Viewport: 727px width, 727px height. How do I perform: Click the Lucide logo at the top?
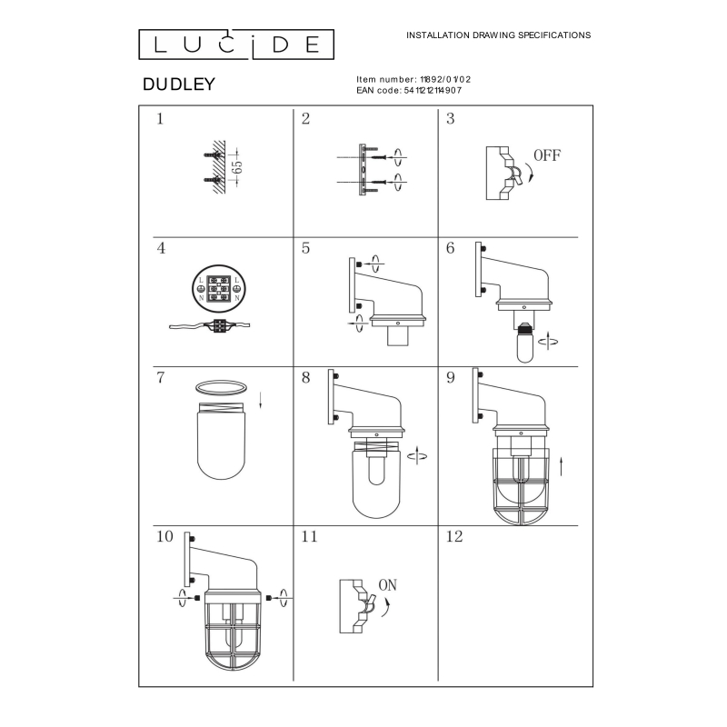tap(236, 45)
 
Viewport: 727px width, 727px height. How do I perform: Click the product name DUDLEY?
tap(179, 84)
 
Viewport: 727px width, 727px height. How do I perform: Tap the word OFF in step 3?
tap(547, 155)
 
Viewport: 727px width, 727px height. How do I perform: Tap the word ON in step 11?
tap(388, 585)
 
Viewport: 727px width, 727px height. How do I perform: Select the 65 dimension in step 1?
tap(238, 167)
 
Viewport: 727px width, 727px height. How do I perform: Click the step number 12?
tap(454, 536)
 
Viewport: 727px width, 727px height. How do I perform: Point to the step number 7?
tap(161, 377)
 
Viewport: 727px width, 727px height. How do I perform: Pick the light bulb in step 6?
tap(525, 343)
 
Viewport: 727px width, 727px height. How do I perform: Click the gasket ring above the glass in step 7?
tap(221, 387)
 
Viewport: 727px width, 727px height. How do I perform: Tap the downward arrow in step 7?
tap(261, 400)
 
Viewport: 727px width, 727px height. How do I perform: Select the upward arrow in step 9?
tap(561, 466)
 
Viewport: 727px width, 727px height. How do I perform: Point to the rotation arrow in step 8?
tap(417, 456)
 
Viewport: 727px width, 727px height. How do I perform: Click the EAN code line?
tap(409, 90)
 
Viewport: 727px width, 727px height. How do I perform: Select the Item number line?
tap(413, 80)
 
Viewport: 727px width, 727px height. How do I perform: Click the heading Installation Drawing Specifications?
tap(498, 35)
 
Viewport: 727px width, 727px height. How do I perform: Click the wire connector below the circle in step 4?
tap(219, 325)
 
